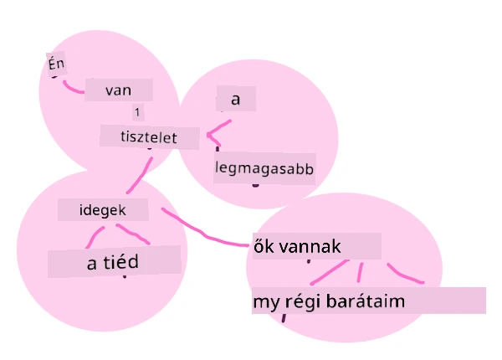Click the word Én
[56, 64]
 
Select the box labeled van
[119, 90]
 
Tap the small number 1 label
[137, 112]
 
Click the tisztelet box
[149, 137]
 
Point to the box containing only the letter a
[236, 99]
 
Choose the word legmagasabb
[264, 168]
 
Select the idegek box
[103, 210]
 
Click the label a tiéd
[114, 262]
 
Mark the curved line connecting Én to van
[72, 89]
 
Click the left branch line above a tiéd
[94, 236]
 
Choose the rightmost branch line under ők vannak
[403, 275]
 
